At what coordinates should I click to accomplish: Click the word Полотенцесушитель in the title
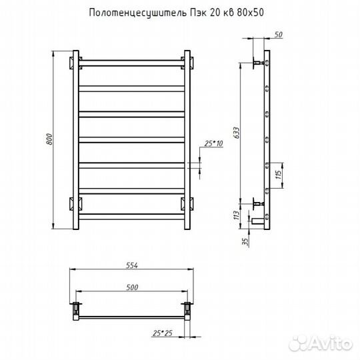coord(138,13)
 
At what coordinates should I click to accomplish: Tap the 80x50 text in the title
coord(250,13)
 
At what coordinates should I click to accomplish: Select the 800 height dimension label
coord(49,139)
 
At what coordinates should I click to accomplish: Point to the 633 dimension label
coord(236,133)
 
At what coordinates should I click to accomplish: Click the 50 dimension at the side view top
coord(278,35)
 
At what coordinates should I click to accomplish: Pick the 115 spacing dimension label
coord(278,175)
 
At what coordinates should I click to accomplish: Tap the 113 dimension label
coord(236,215)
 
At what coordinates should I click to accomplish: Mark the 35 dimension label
coord(245,241)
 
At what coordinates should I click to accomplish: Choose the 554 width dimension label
coord(132,265)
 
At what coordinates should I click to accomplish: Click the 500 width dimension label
coord(132,287)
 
